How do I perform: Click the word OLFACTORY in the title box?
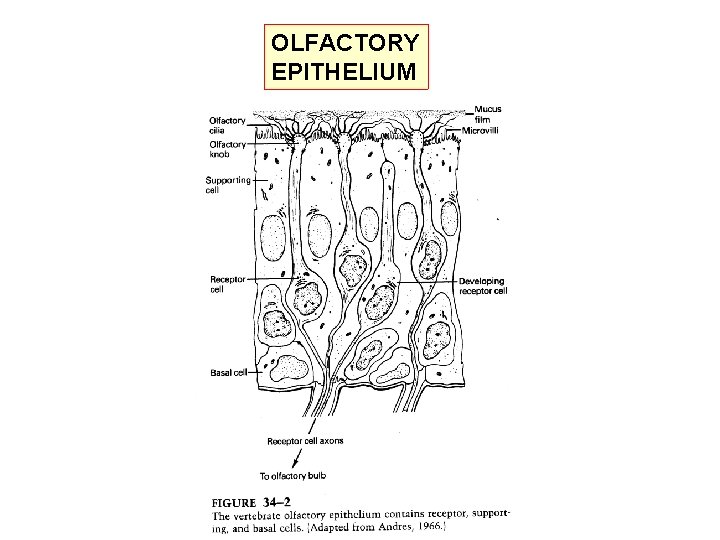coord(344,43)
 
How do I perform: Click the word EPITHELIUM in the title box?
coord(341,71)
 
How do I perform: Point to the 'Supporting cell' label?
coord(228,185)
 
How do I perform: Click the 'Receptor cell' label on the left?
coord(224,284)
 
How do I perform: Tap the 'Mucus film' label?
coord(488,113)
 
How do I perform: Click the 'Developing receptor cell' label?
coord(482,286)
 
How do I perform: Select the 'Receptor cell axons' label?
coord(305,440)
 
